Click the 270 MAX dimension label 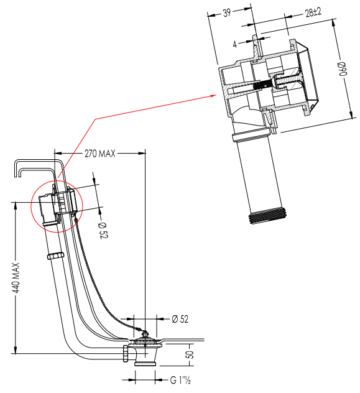tap(99, 154)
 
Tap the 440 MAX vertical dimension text tap(16, 278)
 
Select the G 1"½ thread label tap(180, 380)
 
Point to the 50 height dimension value tap(190, 354)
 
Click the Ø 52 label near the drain tap(180, 319)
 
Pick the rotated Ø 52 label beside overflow tap(103, 230)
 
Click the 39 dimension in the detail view tap(227, 13)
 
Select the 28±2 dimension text tap(313, 12)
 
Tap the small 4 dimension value tap(235, 45)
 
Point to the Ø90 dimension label tap(342, 69)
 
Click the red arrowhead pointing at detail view tap(214, 96)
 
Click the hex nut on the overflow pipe tap(55, 256)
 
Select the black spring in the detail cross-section tap(262, 85)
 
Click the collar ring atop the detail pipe tap(249, 136)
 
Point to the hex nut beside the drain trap tap(125, 353)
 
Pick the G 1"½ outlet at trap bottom tap(145, 363)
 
